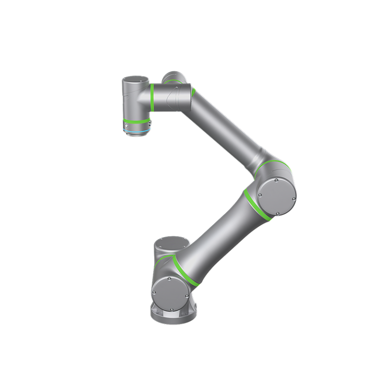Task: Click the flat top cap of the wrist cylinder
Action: click(135, 79)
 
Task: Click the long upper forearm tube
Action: click(223, 127)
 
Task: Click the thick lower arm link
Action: click(218, 238)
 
